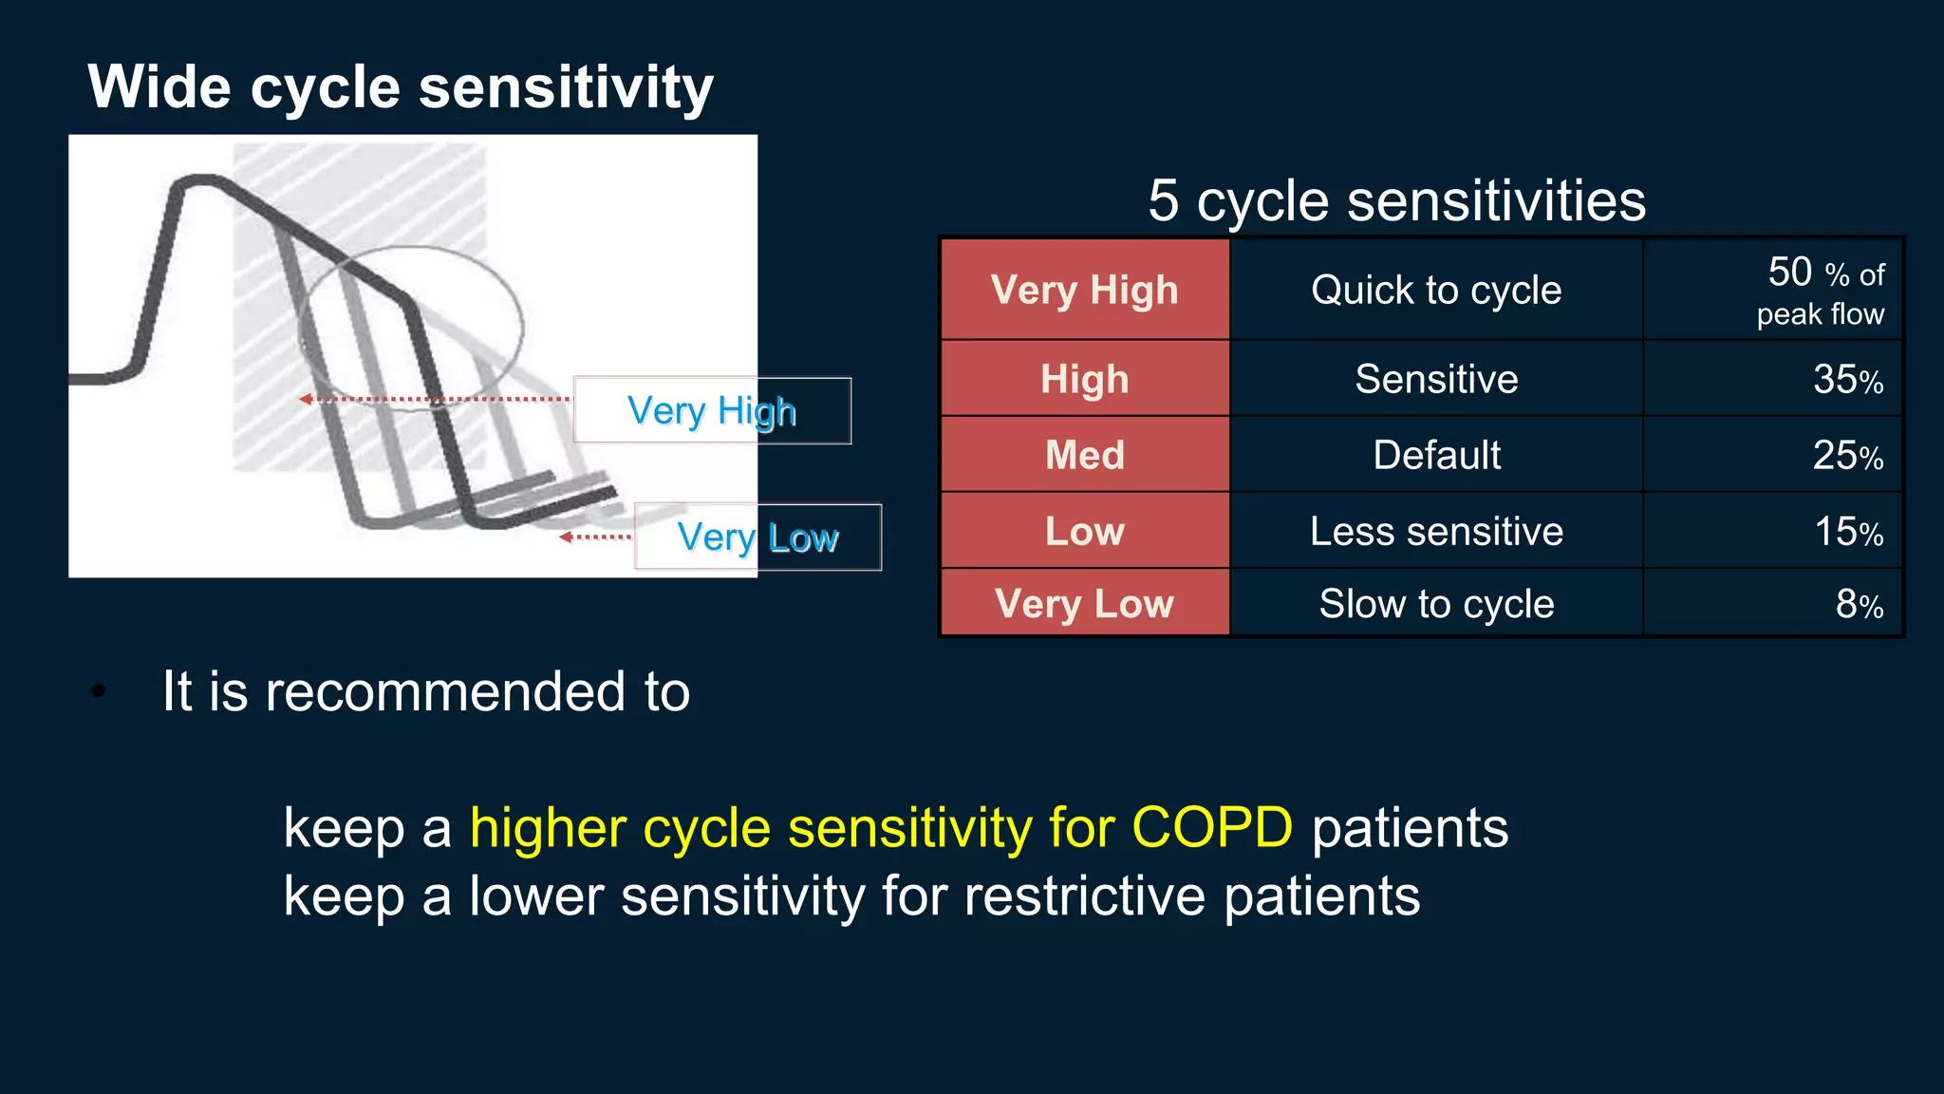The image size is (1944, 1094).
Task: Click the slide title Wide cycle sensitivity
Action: (400, 87)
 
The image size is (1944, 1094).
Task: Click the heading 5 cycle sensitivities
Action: (1396, 201)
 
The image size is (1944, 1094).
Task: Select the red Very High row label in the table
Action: (1084, 290)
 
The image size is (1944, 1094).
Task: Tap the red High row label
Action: (1084, 379)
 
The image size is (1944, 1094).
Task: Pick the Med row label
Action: (1084, 455)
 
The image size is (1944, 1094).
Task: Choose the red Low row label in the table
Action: (1084, 531)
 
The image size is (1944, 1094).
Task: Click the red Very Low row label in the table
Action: (1084, 604)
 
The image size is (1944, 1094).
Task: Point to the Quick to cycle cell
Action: (1435, 290)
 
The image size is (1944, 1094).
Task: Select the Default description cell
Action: (1435, 455)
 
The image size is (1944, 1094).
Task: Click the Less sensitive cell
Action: (1435, 531)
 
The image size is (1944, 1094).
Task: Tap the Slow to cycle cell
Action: (1435, 604)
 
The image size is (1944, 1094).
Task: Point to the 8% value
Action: (1859, 604)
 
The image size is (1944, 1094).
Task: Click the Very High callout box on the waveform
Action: (712, 411)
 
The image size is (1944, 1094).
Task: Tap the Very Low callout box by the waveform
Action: (757, 538)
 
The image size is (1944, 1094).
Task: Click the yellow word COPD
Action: (1212, 827)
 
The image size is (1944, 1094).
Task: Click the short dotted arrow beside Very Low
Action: (595, 538)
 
